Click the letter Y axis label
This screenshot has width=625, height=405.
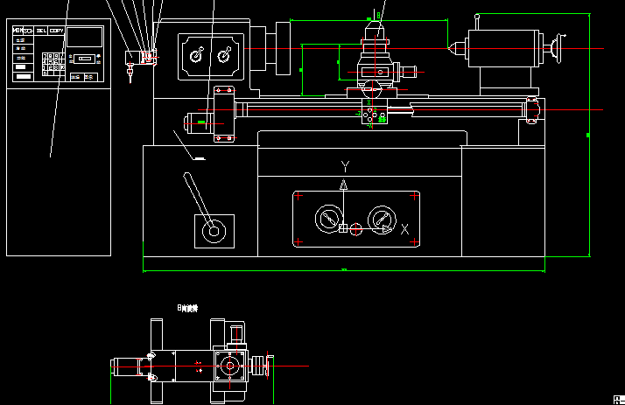point(345,166)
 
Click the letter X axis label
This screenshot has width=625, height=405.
point(404,229)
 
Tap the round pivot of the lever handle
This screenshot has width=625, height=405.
point(213,232)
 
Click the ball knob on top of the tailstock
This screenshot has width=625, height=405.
point(477,16)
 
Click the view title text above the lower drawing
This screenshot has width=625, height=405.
point(187,309)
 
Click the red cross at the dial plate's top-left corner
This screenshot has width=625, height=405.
point(298,195)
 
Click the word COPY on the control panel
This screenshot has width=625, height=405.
point(57,31)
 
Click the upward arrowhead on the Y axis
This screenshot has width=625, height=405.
point(344,185)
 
